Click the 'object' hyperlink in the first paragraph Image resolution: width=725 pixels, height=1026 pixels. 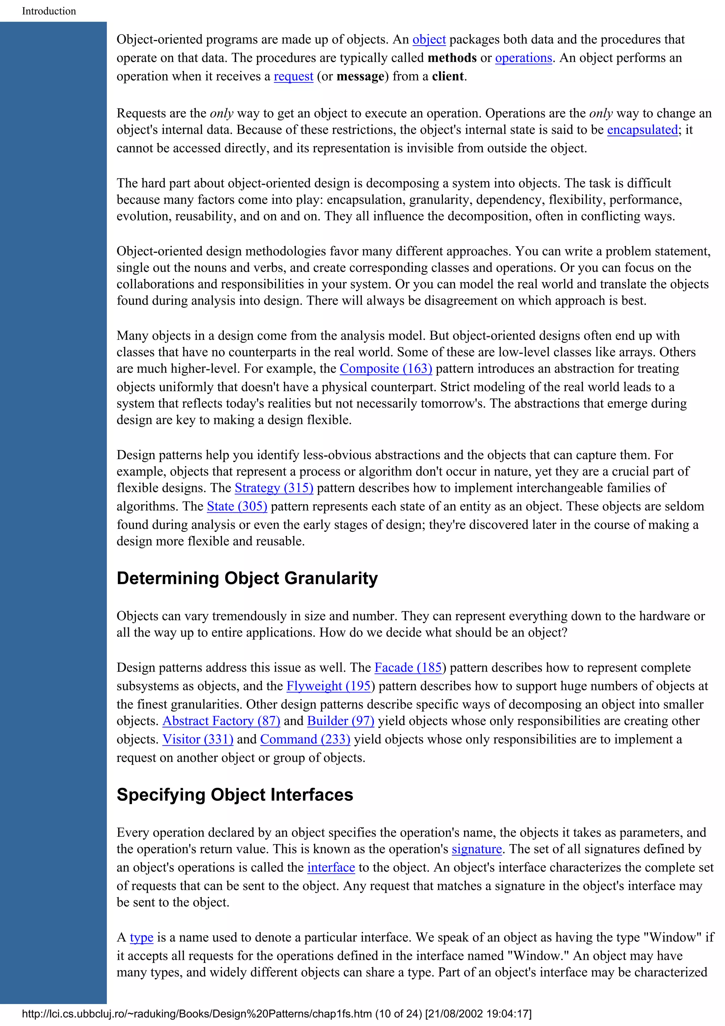(429, 40)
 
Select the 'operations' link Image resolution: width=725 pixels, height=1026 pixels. (523, 58)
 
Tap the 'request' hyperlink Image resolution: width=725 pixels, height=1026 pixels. (293, 76)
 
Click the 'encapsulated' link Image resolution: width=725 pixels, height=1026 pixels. (642, 130)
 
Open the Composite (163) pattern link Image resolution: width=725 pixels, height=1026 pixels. (386, 369)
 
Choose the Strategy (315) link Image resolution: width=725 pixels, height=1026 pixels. (274, 488)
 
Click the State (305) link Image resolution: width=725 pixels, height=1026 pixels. (237, 506)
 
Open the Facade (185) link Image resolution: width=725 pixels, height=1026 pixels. (408, 668)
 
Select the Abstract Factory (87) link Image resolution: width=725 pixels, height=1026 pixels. (221, 721)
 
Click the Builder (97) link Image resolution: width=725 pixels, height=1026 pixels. (341, 721)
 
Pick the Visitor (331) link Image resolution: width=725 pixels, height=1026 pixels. (198, 739)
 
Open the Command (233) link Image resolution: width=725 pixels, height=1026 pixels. (305, 739)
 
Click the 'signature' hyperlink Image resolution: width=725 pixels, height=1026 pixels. (476, 849)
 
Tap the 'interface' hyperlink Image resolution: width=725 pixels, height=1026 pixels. (331, 867)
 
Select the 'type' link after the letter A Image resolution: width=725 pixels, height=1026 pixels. (141, 937)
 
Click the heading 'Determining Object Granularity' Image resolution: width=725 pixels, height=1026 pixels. (247, 578)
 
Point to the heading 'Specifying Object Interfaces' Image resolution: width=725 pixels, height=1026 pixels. (234, 795)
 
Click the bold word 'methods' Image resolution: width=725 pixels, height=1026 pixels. (452, 58)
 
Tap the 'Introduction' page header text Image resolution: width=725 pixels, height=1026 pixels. (49, 11)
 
